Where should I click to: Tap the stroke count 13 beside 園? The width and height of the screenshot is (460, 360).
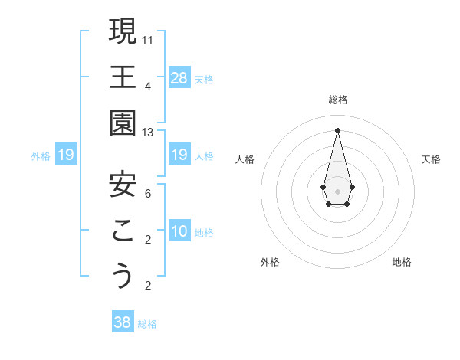[149, 133]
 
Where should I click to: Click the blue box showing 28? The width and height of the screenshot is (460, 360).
[179, 77]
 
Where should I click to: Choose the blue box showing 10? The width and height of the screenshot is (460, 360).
[179, 231]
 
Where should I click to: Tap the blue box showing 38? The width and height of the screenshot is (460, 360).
[123, 322]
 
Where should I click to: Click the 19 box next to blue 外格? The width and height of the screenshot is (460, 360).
[66, 155]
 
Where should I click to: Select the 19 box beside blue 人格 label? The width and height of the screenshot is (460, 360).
[179, 155]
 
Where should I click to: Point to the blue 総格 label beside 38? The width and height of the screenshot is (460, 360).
[148, 324]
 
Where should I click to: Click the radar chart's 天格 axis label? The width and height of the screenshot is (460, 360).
[432, 159]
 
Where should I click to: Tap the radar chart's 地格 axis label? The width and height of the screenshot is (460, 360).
[402, 262]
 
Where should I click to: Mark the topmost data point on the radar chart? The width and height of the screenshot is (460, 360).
[337, 129]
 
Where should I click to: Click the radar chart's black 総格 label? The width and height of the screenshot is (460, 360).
[337, 100]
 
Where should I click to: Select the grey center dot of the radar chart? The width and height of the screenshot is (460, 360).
[337, 191]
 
